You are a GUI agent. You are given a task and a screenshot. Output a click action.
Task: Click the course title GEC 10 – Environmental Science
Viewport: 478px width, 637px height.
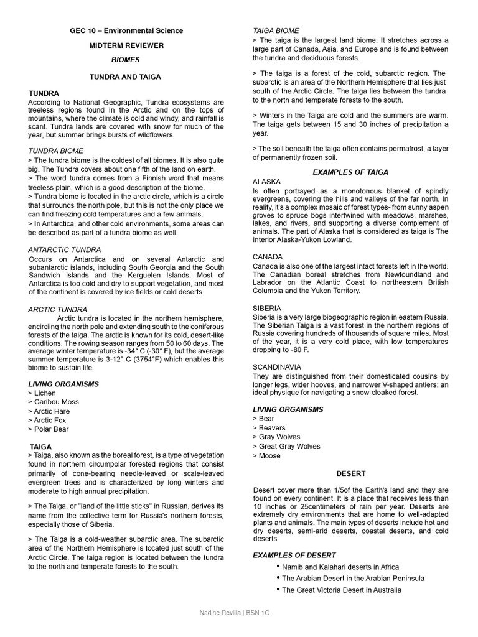click(x=126, y=30)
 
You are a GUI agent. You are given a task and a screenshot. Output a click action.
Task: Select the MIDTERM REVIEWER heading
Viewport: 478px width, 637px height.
click(x=126, y=45)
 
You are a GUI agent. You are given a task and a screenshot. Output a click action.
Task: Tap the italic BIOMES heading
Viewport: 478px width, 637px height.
click(x=126, y=60)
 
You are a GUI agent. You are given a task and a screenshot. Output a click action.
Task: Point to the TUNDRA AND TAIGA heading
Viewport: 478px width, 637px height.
click(x=126, y=77)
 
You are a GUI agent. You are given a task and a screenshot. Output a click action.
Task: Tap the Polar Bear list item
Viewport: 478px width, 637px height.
click(x=49, y=429)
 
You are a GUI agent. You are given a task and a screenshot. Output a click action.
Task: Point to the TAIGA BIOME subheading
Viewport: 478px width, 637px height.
click(x=276, y=30)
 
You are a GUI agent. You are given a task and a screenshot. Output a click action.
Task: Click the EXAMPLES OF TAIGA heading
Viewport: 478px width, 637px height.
click(x=350, y=172)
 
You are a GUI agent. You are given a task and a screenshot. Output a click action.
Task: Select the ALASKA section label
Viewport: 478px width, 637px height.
click(x=266, y=181)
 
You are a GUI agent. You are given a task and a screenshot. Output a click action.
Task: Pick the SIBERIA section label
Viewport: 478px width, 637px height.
click(x=266, y=308)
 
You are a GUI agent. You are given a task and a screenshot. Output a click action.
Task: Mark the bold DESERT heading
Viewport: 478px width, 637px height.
click(x=350, y=473)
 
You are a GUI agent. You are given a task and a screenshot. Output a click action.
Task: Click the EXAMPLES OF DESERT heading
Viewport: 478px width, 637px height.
click(x=294, y=555)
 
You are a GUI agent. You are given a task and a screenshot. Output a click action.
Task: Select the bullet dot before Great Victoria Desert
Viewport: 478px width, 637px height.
click(x=277, y=589)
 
